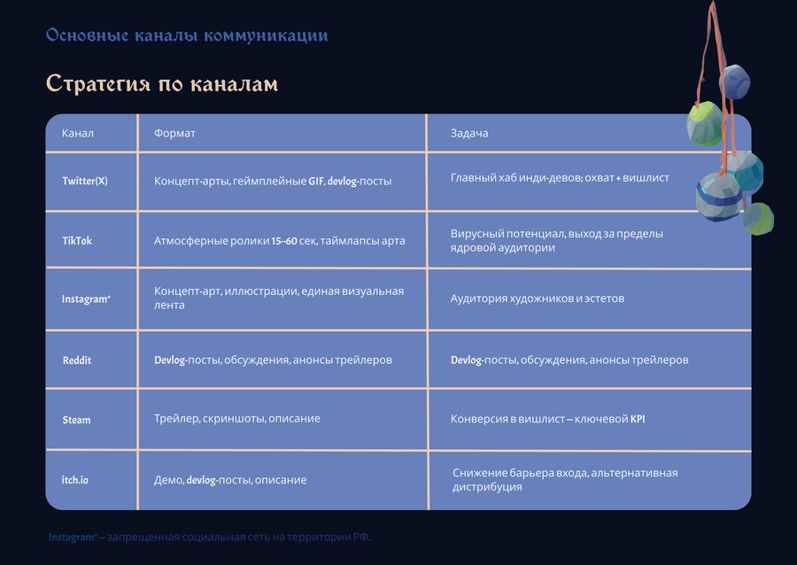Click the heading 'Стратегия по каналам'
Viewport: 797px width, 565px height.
(162, 84)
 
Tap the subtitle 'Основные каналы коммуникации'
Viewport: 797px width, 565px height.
(187, 35)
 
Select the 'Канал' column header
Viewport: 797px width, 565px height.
(77, 133)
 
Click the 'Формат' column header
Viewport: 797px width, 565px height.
(174, 133)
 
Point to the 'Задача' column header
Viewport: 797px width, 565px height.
(469, 133)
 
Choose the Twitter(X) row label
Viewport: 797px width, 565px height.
(85, 181)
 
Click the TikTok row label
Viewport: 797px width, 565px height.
(77, 241)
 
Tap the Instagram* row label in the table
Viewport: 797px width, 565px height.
(86, 298)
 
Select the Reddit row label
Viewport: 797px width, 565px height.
(77, 360)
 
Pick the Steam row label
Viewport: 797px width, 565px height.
(76, 420)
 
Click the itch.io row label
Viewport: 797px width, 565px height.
(74, 480)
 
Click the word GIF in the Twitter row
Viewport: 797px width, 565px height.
(315, 181)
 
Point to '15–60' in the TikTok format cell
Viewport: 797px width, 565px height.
(284, 241)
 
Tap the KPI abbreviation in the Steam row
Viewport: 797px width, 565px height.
(638, 419)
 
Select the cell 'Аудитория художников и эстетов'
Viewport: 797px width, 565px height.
(538, 298)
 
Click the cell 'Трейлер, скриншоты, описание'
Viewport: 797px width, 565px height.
(236, 419)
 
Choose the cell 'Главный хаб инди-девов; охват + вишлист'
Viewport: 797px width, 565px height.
(560, 178)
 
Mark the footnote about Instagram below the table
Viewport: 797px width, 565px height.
(209, 537)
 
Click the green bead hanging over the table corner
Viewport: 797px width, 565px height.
(704, 123)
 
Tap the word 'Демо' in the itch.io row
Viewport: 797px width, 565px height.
(169, 480)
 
